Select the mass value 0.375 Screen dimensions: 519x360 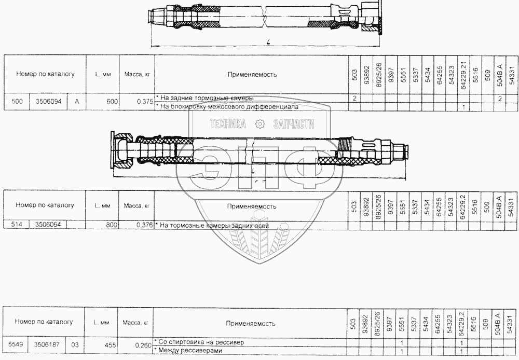(144, 102)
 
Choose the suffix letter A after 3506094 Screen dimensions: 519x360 (77, 101)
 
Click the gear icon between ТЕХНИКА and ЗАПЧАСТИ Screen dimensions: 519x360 (261, 123)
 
